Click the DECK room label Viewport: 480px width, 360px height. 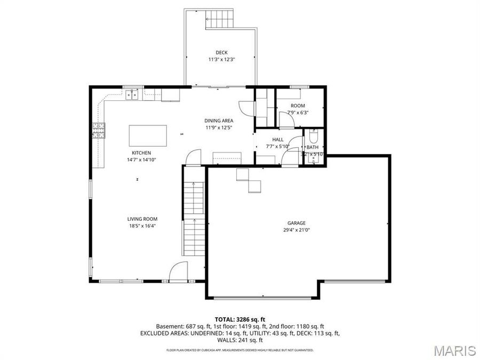(221, 52)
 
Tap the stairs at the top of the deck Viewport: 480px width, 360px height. (220, 19)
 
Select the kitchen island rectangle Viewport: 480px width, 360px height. (147, 135)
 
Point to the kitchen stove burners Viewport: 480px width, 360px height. (99, 131)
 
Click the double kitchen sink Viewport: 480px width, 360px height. (132, 95)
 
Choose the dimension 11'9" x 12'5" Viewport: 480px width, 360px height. (219, 127)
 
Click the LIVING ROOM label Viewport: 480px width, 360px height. (142, 219)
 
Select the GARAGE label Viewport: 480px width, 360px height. (297, 223)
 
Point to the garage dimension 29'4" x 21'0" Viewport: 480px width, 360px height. (297, 230)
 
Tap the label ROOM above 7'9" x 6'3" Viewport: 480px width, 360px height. (298, 106)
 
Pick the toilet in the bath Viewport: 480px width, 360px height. (314, 135)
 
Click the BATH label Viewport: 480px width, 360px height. (313, 147)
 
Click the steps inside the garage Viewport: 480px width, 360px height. (249, 180)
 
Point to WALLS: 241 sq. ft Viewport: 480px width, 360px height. (239, 340)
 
